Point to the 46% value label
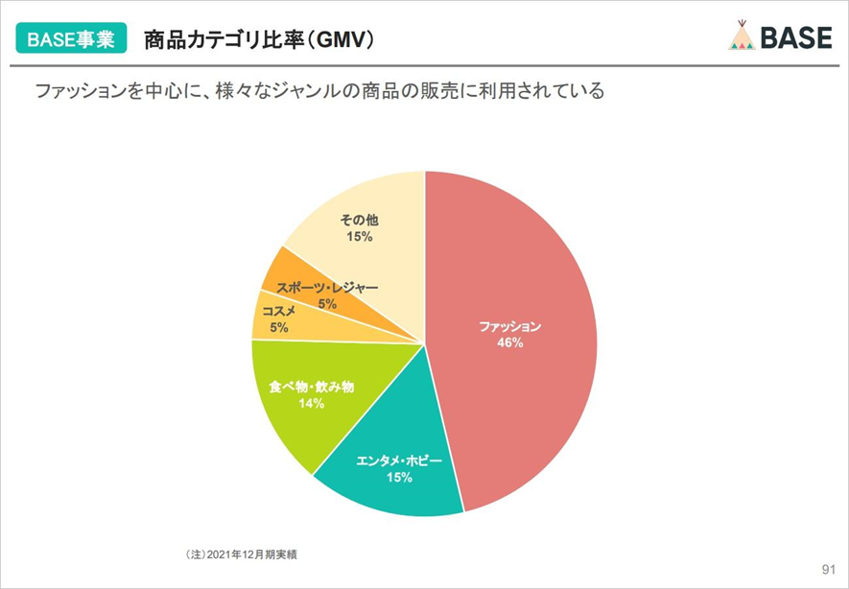(x=509, y=342)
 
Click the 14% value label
(x=311, y=404)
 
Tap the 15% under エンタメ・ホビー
(x=399, y=477)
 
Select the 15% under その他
(x=360, y=236)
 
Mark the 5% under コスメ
(x=278, y=327)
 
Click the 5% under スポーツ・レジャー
(x=328, y=304)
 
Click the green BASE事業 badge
(x=71, y=39)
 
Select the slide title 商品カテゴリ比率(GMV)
(x=259, y=39)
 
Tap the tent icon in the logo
(x=743, y=35)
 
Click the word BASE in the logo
(x=796, y=36)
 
